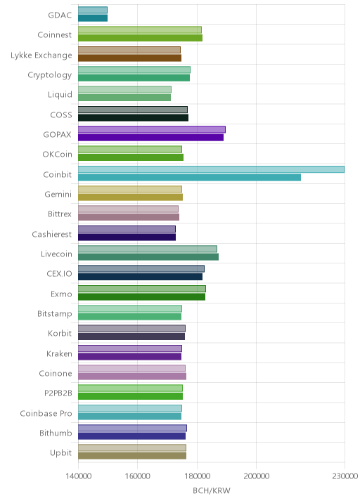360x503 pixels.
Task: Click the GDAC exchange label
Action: (60, 15)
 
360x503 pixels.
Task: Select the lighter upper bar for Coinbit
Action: (212, 169)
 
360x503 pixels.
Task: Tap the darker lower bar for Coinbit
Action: (189, 178)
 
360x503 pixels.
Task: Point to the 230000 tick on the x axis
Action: (345, 476)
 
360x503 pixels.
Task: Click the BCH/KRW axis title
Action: (212, 490)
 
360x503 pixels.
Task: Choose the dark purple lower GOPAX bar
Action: (150, 138)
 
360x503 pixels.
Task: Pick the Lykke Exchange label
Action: (41, 55)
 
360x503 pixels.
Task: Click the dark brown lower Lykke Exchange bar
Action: (130, 58)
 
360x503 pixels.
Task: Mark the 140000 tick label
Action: (78, 476)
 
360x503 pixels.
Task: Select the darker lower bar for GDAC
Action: (93, 18)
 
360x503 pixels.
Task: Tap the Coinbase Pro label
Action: (46, 413)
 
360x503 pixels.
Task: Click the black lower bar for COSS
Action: (134, 118)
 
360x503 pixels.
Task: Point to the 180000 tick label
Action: (197, 476)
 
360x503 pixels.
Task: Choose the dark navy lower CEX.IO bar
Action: (141, 277)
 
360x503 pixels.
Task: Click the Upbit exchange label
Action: (60, 453)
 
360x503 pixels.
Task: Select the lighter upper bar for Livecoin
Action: (148, 249)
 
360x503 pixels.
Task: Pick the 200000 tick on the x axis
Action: (256, 476)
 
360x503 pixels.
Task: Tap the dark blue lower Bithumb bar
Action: (131, 436)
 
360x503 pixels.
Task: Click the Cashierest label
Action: (52, 234)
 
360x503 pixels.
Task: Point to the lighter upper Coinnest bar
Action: (140, 30)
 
